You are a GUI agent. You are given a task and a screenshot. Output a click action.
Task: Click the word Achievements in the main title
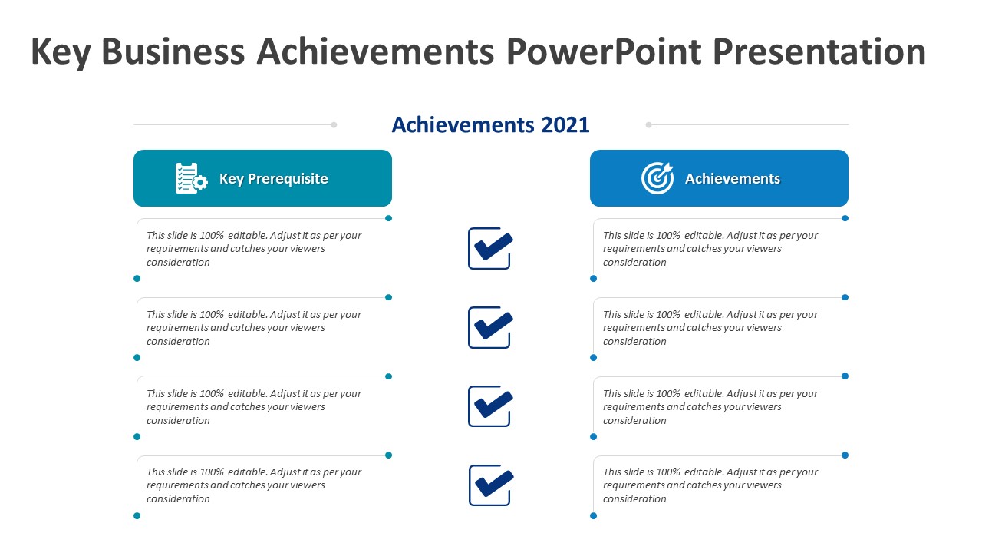[375, 52]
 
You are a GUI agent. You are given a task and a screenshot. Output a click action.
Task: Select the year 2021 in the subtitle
[565, 124]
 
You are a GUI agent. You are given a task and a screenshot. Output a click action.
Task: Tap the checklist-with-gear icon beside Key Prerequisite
[191, 178]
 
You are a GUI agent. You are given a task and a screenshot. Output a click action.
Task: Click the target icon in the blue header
[657, 178]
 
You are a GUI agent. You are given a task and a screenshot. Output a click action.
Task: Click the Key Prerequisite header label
[273, 179]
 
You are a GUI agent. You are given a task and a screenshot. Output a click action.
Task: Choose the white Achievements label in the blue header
[732, 179]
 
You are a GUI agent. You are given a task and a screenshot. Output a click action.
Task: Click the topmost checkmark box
[490, 248]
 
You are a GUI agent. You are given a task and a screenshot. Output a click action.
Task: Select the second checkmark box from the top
[490, 327]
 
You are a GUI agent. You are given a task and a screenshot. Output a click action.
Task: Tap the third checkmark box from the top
[490, 406]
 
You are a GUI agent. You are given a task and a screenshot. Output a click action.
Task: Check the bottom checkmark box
[490, 485]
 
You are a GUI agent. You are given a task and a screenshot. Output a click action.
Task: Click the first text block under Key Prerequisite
[254, 249]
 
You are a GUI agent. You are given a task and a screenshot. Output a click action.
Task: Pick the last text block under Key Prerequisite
[254, 485]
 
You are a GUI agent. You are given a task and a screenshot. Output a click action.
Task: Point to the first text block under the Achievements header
[710, 249]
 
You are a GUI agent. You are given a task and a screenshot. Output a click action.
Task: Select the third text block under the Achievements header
[710, 407]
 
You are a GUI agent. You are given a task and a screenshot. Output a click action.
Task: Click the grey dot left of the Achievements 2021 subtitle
[334, 124]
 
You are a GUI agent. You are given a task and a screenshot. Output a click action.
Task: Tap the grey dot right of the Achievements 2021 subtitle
[648, 124]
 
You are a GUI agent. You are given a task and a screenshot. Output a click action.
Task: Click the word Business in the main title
[173, 52]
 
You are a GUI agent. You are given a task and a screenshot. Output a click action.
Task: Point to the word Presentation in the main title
[819, 52]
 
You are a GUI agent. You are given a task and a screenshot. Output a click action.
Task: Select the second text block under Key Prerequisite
[254, 328]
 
